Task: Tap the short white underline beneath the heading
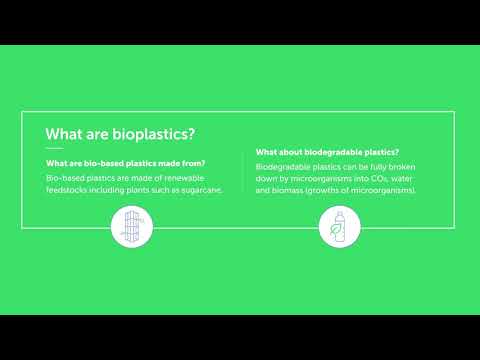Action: pos(54,149)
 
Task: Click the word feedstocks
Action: pos(70,189)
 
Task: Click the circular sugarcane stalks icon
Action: pos(131,228)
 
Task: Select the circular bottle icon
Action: pos(338,228)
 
